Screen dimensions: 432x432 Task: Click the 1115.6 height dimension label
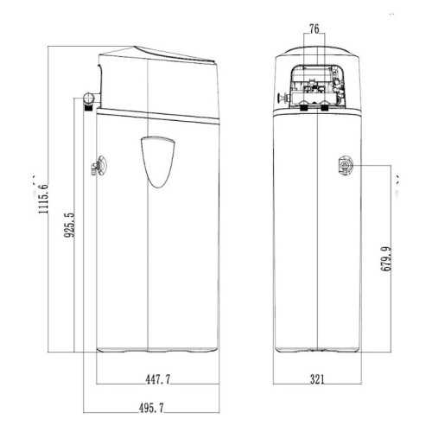click(43, 198)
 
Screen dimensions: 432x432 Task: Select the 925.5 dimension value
click(69, 225)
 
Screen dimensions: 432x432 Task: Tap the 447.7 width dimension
click(157, 379)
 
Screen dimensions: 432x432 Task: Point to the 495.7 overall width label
click(151, 408)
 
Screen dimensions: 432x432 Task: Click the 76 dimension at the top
click(314, 29)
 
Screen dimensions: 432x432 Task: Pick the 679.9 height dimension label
click(386, 258)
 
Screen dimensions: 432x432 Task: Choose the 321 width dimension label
click(317, 379)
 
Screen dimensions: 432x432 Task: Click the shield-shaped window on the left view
click(158, 162)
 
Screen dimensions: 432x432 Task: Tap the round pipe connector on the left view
click(88, 98)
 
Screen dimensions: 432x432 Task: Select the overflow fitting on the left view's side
click(98, 166)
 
